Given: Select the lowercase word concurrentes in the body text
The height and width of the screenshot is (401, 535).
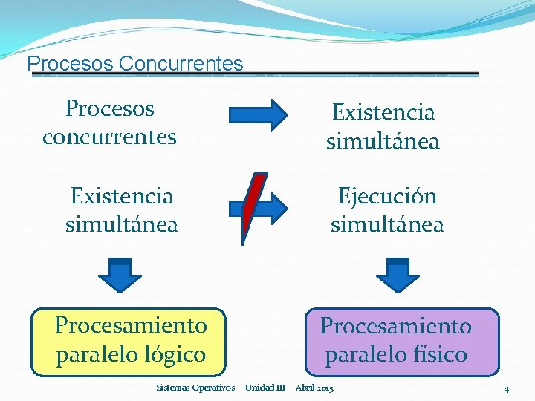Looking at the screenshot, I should [x=109, y=137].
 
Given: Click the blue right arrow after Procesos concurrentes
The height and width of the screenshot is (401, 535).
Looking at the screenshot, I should [x=258, y=115].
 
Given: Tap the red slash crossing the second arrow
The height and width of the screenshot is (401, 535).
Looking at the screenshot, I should [x=254, y=208].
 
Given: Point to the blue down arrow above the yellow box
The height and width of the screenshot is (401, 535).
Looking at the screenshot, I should [x=120, y=274].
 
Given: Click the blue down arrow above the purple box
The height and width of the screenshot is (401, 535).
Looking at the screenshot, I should [x=398, y=274].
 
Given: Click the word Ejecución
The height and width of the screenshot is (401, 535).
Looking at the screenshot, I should [x=387, y=197].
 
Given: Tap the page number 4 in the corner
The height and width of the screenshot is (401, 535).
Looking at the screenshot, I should [x=506, y=389].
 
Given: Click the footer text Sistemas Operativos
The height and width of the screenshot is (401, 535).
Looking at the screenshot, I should [x=196, y=388].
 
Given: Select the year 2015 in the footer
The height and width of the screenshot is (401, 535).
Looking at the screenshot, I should [x=325, y=388].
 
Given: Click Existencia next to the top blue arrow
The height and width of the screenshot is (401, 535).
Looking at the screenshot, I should [x=383, y=113].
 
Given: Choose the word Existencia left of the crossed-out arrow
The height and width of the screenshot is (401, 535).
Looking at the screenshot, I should [x=122, y=197].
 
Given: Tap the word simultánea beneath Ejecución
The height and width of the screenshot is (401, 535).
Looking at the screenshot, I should [x=387, y=224].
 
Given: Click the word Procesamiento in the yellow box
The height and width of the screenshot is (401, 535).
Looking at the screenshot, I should [x=131, y=326].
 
